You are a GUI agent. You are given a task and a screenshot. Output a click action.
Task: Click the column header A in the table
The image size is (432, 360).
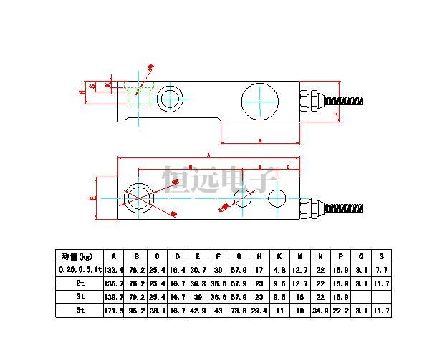(113, 256)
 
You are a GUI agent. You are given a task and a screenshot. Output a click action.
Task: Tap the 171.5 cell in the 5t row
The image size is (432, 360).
(113, 311)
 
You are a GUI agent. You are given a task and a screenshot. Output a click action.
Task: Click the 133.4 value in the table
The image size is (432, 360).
(113, 269)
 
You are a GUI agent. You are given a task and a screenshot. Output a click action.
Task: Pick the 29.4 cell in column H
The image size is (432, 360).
(258, 311)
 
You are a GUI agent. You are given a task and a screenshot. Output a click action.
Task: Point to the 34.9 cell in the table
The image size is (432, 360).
(320, 311)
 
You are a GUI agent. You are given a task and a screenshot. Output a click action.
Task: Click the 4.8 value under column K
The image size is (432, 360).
(279, 269)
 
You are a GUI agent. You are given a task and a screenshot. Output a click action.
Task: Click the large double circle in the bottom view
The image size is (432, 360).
(138, 196)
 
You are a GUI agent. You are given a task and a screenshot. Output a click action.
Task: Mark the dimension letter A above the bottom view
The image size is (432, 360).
(208, 154)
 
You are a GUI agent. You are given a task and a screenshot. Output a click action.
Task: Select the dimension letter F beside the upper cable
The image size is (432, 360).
(337, 114)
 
